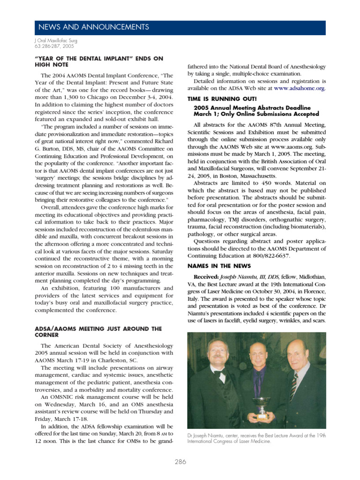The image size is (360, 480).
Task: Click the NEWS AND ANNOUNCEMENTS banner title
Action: (x=93, y=27)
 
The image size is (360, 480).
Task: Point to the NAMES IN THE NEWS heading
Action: (x=216, y=266)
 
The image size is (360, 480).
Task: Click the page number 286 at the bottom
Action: (x=180, y=462)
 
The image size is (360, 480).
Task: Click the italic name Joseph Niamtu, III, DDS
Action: (x=253, y=277)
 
